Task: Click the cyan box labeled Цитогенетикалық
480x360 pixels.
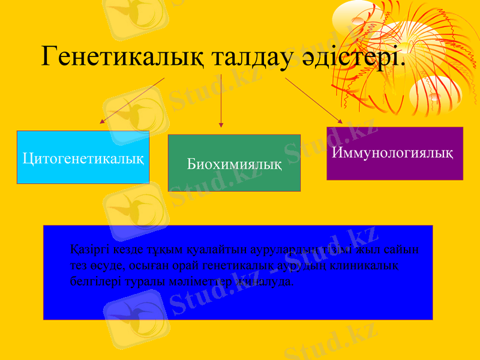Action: tap(83, 158)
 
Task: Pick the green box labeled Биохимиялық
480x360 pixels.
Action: tap(234, 163)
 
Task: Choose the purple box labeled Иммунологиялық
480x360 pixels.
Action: tap(394, 153)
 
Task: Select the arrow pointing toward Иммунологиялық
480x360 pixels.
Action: tap(314, 100)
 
